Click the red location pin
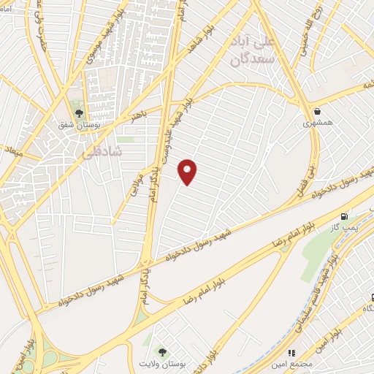click(188, 172)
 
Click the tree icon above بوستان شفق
click(79, 113)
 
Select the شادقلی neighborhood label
click(99, 150)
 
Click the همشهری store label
click(318, 123)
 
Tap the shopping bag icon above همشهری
click(317, 111)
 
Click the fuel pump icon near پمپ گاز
click(345, 216)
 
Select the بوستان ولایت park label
click(164, 363)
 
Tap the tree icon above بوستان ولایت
click(162, 351)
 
